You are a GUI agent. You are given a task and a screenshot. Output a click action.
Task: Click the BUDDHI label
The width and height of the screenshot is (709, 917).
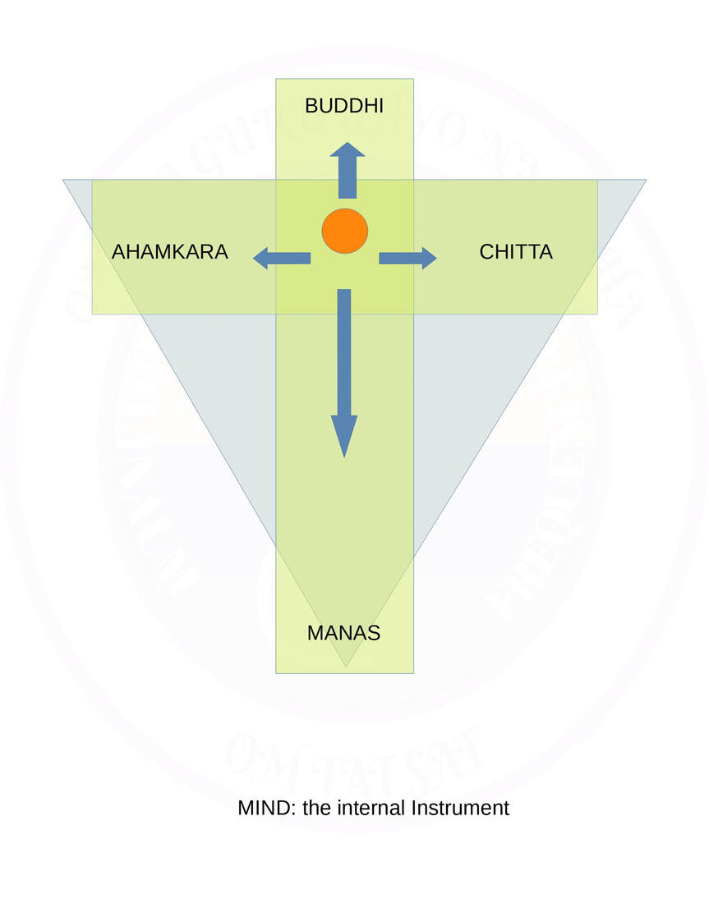point(343,106)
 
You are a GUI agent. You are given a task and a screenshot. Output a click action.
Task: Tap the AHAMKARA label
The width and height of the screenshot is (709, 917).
point(169,252)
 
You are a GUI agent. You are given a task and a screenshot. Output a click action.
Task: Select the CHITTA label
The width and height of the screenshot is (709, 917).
point(516,252)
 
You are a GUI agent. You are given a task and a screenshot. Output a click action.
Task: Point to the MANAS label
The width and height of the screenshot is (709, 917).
point(343,633)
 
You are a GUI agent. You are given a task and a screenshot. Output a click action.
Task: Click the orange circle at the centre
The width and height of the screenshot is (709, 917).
point(344,231)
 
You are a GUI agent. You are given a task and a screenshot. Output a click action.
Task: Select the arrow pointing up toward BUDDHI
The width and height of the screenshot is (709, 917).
point(348,171)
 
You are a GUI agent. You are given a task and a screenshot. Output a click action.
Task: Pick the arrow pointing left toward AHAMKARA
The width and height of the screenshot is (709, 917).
point(282,259)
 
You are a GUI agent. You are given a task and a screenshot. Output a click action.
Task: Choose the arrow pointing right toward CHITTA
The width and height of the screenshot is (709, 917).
point(407,259)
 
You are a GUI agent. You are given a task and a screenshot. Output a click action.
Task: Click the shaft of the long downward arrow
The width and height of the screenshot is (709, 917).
point(344,353)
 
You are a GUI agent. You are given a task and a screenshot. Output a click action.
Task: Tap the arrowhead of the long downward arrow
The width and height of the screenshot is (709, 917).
point(344,433)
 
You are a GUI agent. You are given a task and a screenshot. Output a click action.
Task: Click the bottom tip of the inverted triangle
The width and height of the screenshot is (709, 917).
point(346,666)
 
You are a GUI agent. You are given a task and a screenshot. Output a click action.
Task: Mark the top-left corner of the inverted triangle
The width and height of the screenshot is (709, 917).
point(64,181)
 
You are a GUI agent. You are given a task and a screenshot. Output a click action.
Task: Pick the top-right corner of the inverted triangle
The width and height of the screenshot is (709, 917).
point(646,181)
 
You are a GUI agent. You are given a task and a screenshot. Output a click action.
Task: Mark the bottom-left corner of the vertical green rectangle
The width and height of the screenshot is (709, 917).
point(276,673)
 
